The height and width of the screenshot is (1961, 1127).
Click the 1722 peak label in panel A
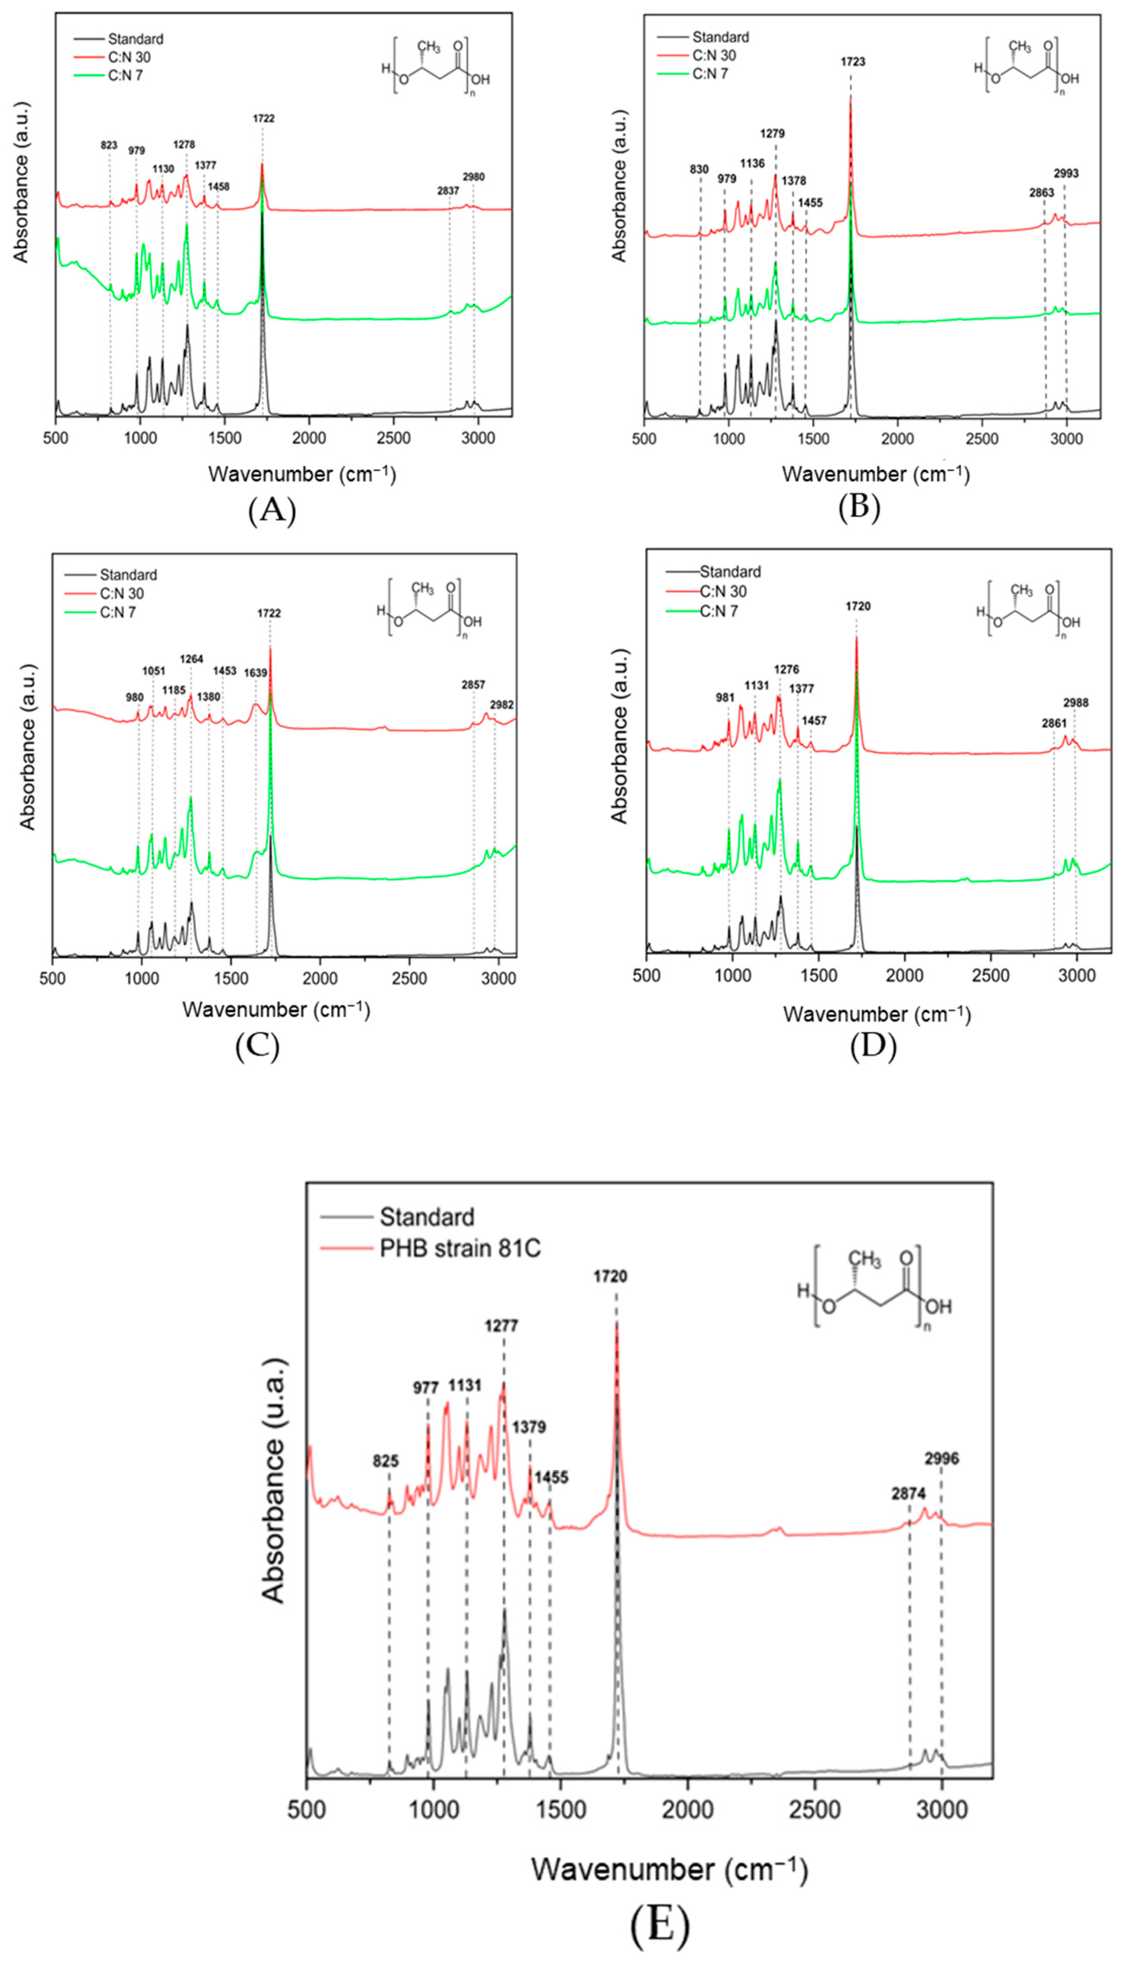[263, 119]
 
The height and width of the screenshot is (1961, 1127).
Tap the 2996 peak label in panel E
[941, 1459]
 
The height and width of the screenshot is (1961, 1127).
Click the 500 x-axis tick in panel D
[647, 976]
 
